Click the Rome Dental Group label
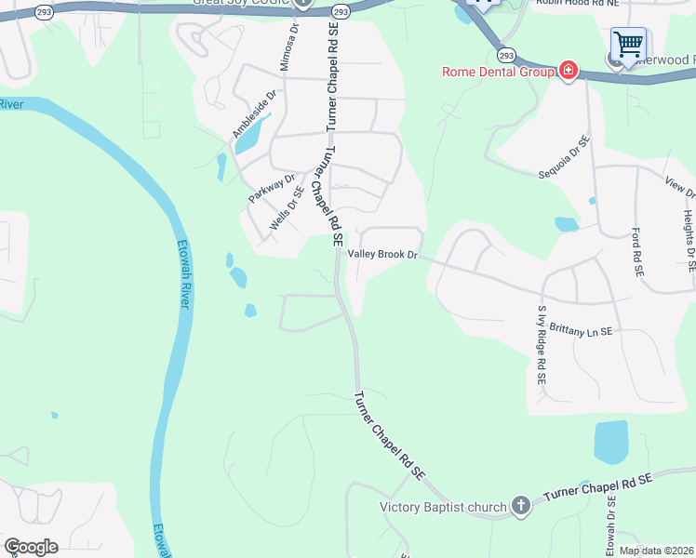[x=497, y=72]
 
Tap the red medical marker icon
[x=568, y=72]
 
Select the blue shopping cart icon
[x=628, y=43]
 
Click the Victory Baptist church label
[x=444, y=507]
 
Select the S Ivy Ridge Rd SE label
[x=541, y=345]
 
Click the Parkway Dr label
[x=271, y=189]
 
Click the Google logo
[x=31, y=547]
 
